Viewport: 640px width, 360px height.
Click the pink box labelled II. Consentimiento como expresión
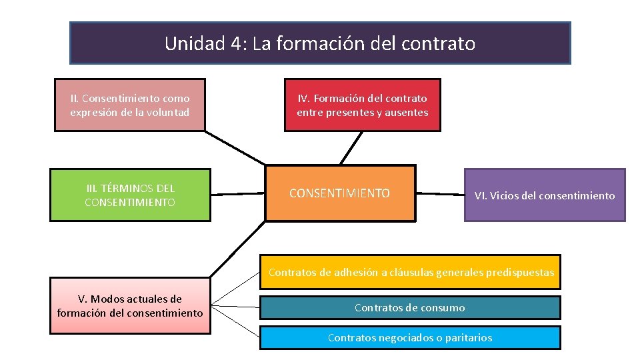pos(130,105)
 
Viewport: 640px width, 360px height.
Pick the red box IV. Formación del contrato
pos(362,105)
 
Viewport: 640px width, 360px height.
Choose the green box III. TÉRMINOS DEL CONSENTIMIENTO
pos(130,195)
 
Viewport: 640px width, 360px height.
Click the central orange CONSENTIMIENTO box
pos(339,193)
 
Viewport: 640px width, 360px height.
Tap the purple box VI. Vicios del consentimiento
pos(544,195)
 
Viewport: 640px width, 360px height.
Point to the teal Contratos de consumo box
pos(410,307)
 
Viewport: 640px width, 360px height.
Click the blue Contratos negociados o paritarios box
pos(410,337)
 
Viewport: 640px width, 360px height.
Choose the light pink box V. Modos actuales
pos(130,306)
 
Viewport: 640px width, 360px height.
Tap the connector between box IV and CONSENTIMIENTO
pos(351,147)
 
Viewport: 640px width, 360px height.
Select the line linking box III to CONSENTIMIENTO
pos(238,194)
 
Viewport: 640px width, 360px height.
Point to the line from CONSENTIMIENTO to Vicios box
pos(440,194)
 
